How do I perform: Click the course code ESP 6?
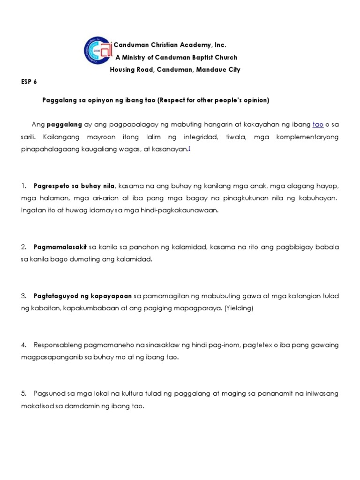click(29, 82)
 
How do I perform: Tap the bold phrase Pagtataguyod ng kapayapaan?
click(82, 296)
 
